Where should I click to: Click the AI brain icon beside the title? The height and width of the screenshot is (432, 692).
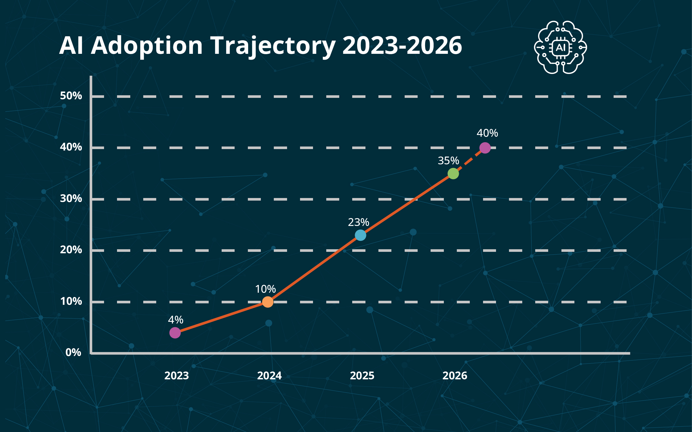coord(560,47)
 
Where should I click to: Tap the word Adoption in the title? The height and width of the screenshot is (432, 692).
coord(147,46)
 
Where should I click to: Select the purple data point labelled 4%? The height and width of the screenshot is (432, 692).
coord(175,333)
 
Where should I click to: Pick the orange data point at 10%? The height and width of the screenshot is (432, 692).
coord(268,302)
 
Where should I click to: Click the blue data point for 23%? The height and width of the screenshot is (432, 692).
coord(360,235)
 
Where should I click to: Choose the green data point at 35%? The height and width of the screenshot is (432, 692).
coord(453,174)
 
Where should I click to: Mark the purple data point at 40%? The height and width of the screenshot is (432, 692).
coord(485,148)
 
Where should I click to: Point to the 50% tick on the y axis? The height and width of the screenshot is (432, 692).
coord(71,96)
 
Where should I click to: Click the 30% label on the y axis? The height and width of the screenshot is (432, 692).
coord(71,199)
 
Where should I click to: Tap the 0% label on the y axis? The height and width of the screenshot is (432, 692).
coord(73,353)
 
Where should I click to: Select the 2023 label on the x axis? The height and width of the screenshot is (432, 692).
coord(176,376)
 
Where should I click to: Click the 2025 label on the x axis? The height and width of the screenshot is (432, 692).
coord(362,376)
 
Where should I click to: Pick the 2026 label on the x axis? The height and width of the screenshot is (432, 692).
coord(455,376)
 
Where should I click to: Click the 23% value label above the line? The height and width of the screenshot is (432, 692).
coord(359,222)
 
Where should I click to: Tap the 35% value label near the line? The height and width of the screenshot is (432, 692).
coord(448,161)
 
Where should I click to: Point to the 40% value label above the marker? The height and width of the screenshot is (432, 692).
coord(487,133)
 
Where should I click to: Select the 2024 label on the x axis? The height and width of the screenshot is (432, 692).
coord(269,376)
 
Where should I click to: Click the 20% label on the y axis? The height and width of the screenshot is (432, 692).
coord(71,250)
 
